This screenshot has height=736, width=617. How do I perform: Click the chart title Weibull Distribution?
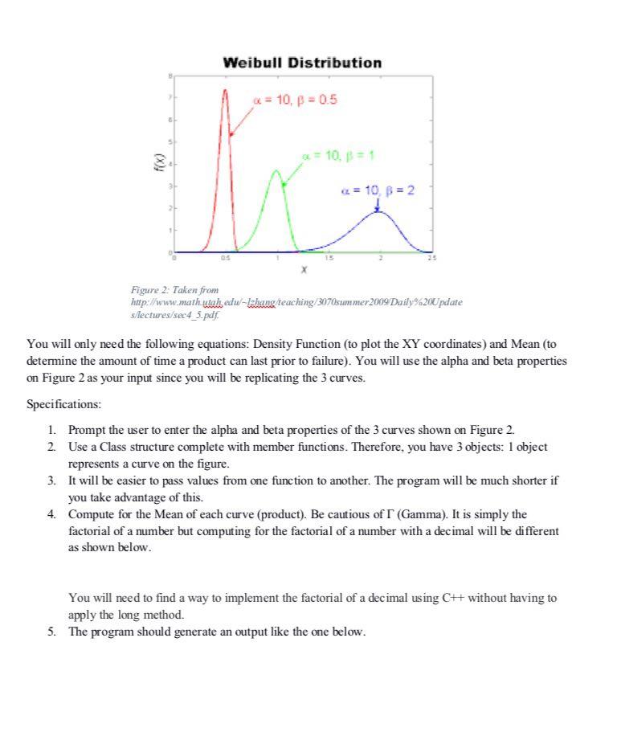[301, 63]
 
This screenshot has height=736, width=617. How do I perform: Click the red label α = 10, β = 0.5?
[295, 100]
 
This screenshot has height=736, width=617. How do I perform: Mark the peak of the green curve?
[276, 170]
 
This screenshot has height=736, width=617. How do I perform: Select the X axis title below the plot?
[301, 271]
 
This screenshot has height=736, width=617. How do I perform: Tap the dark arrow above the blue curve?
[377, 205]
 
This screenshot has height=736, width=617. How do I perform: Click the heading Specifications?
[64, 403]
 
